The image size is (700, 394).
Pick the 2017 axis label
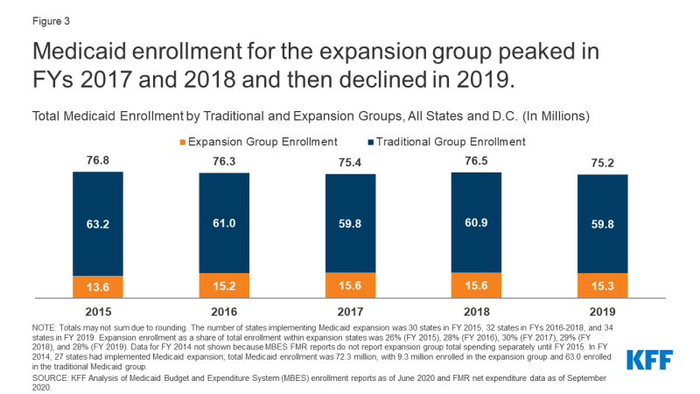tap(350, 310)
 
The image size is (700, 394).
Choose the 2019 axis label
tap(602, 310)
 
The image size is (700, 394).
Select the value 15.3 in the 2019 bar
tap(602, 285)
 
